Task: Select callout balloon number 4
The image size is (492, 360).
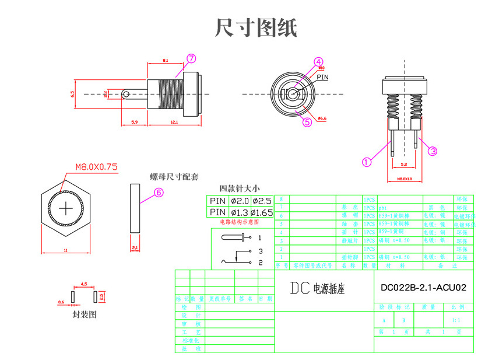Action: click(x=318, y=62)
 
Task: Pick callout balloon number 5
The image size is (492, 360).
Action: click(x=308, y=122)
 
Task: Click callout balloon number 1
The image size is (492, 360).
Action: click(x=367, y=162)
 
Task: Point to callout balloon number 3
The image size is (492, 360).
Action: click(x=433, y=151)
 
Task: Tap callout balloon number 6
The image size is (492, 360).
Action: click(x=159, y=193)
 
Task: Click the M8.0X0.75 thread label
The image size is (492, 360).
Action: click(x=96, y=167)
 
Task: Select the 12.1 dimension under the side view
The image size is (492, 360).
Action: click(x=174, y=122)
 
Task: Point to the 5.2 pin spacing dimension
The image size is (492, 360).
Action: click(x=403, y=165)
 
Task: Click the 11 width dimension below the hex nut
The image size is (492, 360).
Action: click(x=66, y=250)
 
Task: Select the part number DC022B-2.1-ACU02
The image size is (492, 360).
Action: click(x=423, y=288)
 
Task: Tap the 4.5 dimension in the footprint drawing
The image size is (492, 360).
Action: click(x=84, y=284)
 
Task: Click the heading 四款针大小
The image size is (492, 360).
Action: click(x=239, y=188)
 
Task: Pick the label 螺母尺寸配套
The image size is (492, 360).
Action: click(x=174, y=176)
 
